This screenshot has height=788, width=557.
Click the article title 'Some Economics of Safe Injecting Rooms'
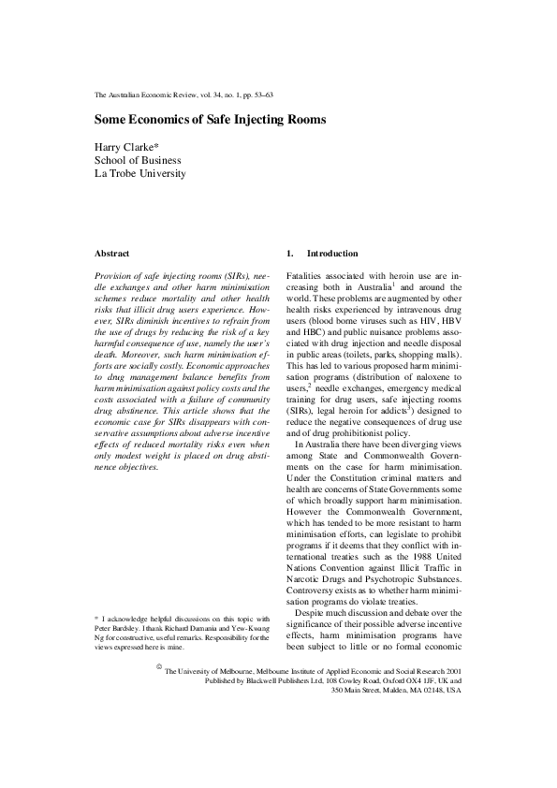[211, 120]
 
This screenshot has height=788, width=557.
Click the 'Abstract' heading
[112, 254]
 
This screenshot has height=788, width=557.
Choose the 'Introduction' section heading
[332, 254]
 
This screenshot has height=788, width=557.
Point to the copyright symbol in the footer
[155, 668]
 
